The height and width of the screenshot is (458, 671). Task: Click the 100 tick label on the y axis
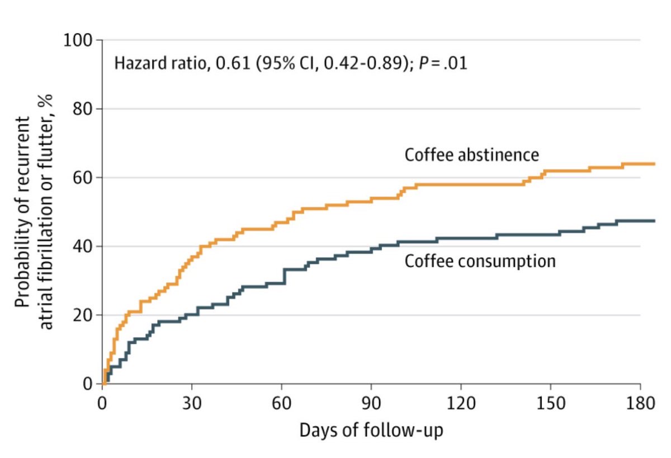coord(81,41)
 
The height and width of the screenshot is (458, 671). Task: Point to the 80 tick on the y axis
coord(85,110)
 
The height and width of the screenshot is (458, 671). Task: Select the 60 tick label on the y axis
coord(85,178)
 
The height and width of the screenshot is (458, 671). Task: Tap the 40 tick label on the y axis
coord(85,247)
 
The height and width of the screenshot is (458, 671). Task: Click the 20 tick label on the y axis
coord(85,316)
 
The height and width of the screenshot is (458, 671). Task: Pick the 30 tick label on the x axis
coord(192,404)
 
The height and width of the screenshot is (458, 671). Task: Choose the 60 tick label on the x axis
coord(281,404)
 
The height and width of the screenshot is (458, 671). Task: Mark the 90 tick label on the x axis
coord(371,404)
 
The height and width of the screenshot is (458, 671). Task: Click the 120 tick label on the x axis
coord(460,404)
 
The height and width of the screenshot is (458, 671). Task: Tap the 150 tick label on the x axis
coord(550,404)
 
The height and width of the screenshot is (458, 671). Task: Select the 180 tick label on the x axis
coord(640,404)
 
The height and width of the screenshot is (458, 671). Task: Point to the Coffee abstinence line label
coord(472,154)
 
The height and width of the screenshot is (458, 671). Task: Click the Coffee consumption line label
coord(480,261)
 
